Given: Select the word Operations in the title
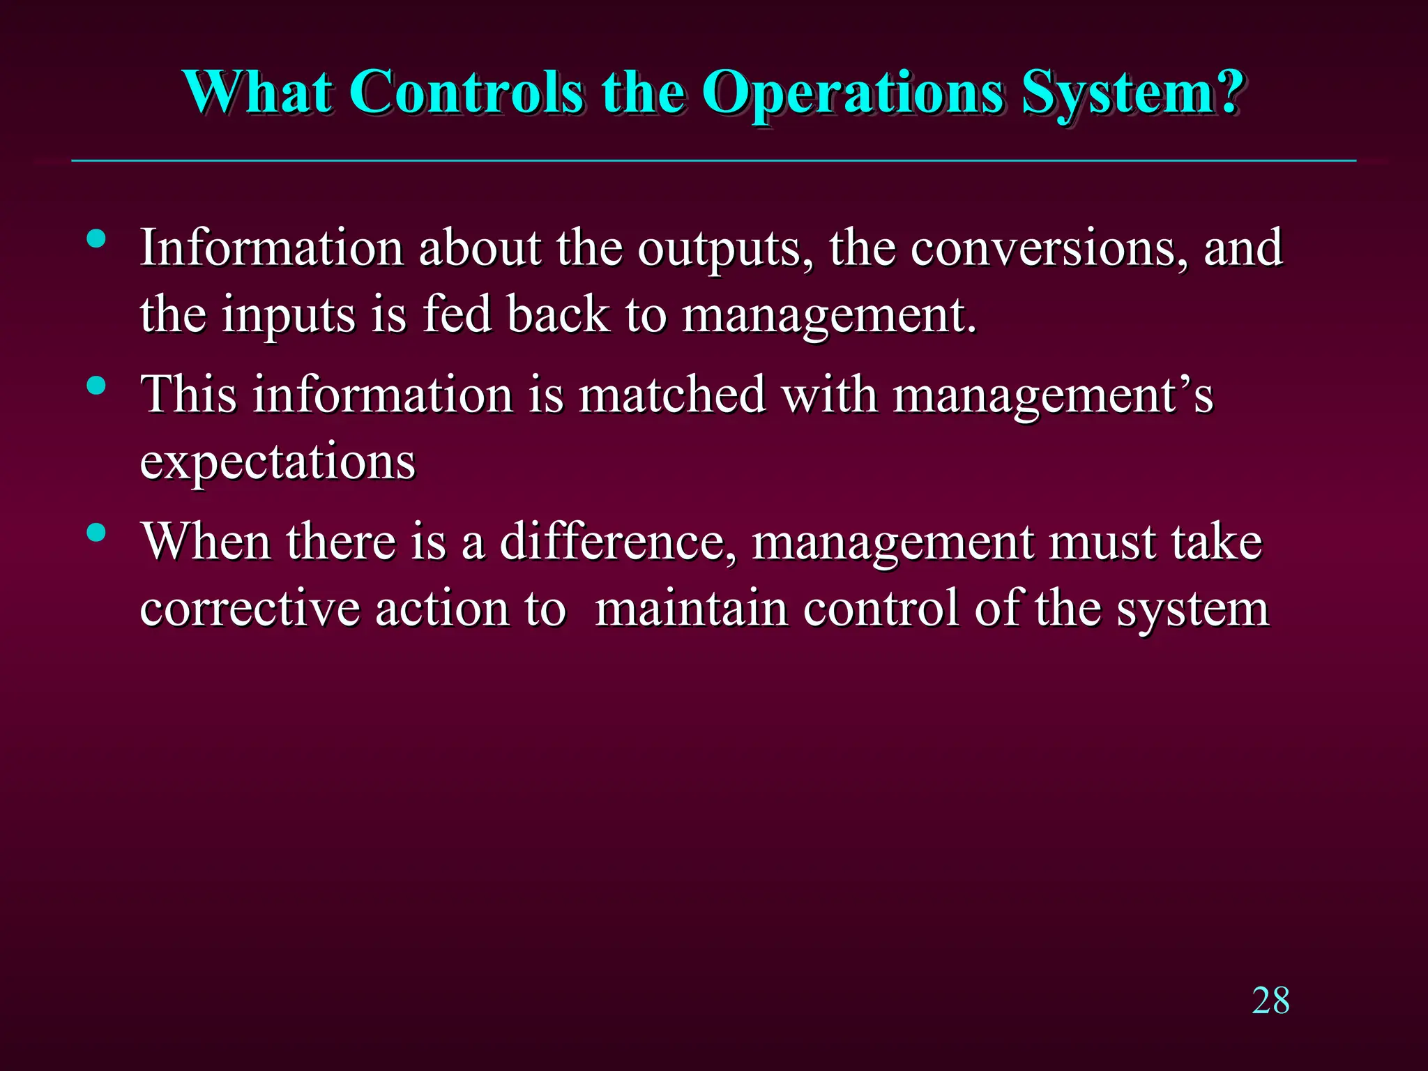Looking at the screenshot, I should [852, 94].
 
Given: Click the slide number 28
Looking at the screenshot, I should [1270, 1001].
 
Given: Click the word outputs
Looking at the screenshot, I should [726, 249].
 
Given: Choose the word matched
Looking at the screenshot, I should [672, 395].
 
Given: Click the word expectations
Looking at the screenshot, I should [278, 462].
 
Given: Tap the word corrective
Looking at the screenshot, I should [250, 609].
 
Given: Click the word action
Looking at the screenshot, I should [442, 609].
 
